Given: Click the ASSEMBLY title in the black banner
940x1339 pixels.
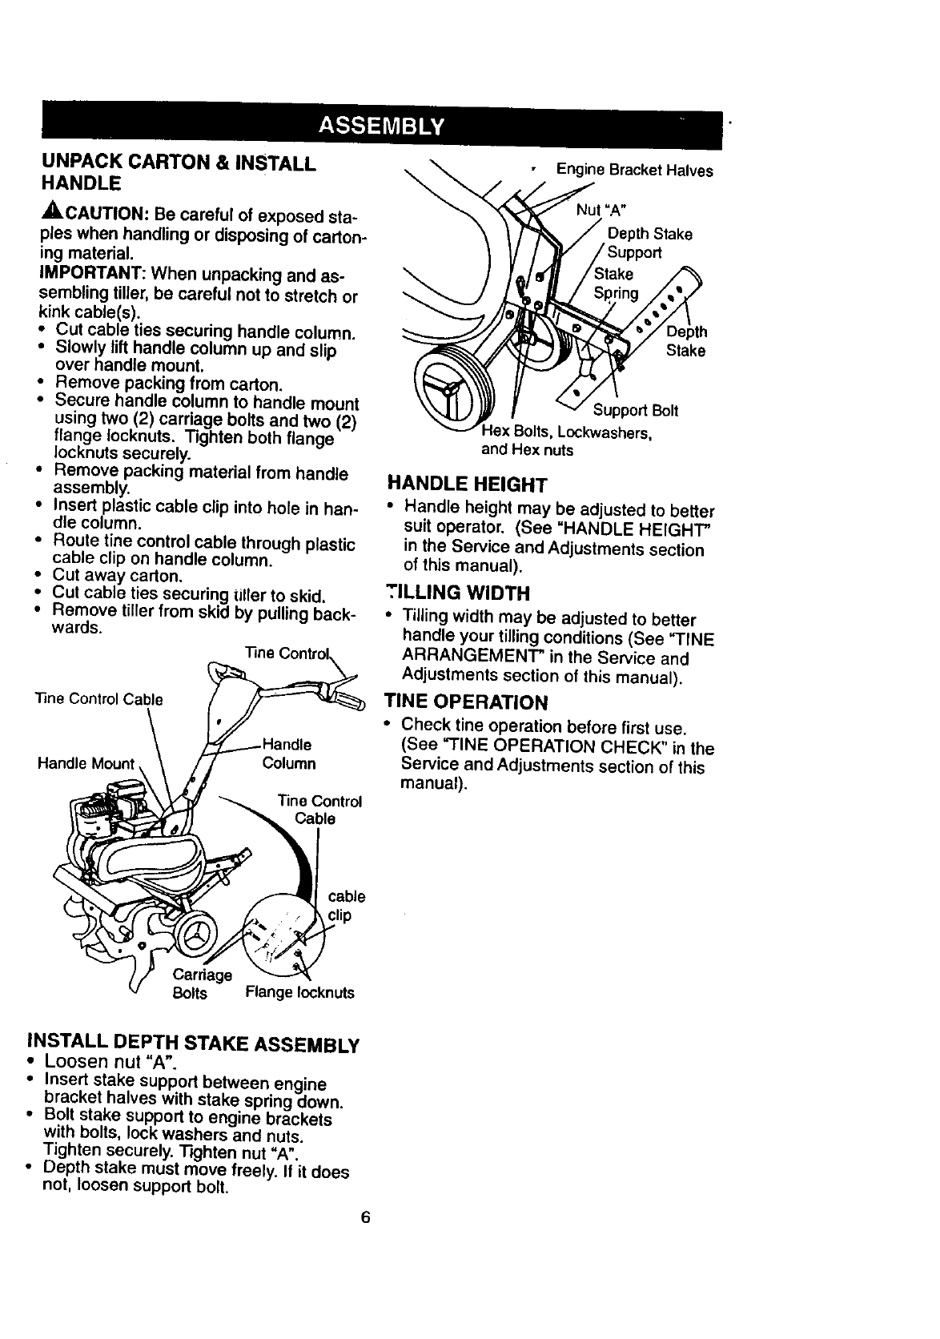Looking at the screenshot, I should [x=380, y=127].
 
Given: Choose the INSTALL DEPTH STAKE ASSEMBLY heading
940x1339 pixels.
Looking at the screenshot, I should [x=193, y=1043].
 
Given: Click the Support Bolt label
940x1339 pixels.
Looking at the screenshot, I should [x=635, y=411].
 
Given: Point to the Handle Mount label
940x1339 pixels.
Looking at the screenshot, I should [x=86, y=763].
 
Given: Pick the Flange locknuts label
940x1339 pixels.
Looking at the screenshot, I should [x=299, y=993].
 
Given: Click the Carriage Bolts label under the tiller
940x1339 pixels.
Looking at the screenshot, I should [x=200, y=984].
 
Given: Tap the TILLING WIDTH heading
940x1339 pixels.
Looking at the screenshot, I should [x=457, y=593].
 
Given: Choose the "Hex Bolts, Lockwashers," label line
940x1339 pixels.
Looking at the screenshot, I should [x=568, y=433].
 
